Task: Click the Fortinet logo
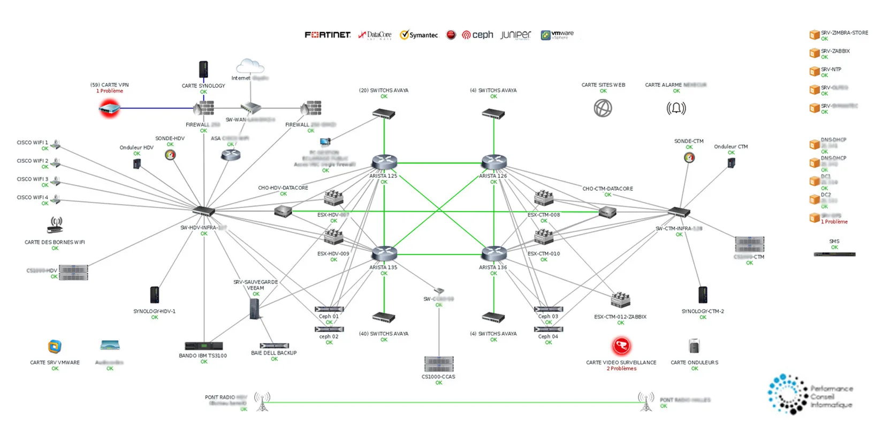pyautogui.click(x=328, y=35)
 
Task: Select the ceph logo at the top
pyautogui.click(x=477, y=35)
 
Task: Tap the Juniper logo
pyautogui.click(x=516, y=35)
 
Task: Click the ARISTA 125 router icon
pyautogui.click(x=384, y=162)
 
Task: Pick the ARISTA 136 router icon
pyautogui.click(x=493, y=253)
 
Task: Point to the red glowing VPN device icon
pyautogui.click(x=109, y=109)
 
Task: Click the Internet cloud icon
pyautogui.click(x=250, y=66)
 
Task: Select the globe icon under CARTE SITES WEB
pyautogui.click(x=603, y=108)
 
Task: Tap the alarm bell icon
pyautogui.click(x=676, y=108)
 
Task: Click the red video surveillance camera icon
pyautogui.click(x=621, y=347)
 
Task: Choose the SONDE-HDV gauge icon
pyautogui.click(x=170, y=155)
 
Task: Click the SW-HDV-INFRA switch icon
pyautogui.click(x=204, y=211)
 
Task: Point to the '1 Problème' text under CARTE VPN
pyautogui.click(x=110, y=91)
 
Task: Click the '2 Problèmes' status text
pyautogui.click(x=621, y=369)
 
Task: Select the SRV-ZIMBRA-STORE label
pyautogui.click(x=844, y=33)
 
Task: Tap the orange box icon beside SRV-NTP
pyautogui.click(x=815, y=72)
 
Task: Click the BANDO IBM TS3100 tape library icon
pyautogui.click(x=203, y=346)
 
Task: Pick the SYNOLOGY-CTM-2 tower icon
pyautogui.click(x=703, y=295)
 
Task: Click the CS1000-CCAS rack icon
pyautogui.click(x=439, y=364)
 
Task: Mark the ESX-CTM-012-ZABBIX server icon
pyautogui.click(x=621, y=300)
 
